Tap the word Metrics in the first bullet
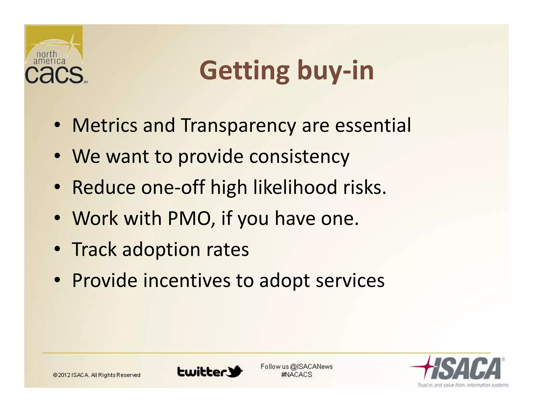104,126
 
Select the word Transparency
238,126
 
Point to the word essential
373,126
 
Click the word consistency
299,157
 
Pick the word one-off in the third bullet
173,188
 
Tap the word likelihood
295,188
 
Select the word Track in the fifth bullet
94,249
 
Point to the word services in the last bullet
350,280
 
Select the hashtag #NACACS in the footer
296,375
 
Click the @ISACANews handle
311,367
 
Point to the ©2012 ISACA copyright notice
97,375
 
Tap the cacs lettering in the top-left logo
54,75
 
